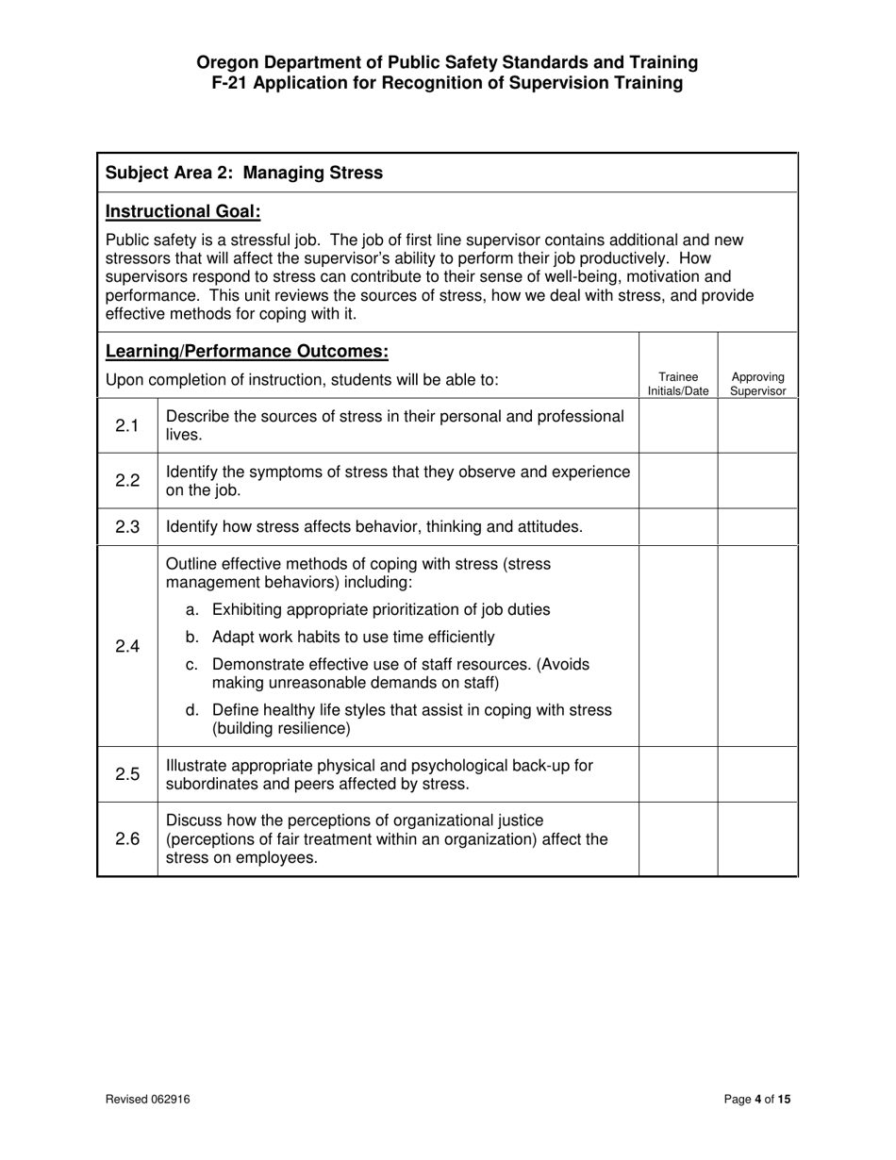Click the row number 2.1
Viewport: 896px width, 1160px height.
click(127, 425)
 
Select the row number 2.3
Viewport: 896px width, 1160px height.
click(127, 526)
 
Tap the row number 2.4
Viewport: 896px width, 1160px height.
click(127, 646)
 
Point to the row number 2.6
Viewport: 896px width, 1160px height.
click(127, 839)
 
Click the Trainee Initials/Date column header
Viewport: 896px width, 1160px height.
click(678, 383)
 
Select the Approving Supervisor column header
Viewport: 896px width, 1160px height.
click(757, 383)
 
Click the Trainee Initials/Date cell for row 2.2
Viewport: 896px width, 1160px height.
click(678, 480)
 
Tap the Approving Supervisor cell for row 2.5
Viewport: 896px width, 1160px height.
click(757, 773)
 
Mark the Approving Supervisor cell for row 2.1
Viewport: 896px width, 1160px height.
click(757, 425)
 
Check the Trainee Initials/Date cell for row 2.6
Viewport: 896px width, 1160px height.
click(678, 839)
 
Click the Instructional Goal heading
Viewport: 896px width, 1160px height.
click(183, 211)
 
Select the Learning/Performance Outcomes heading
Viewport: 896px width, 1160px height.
click(246, 352)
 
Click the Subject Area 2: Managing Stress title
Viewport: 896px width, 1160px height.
click(244, 173)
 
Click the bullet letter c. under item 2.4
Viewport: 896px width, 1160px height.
click(192, 665)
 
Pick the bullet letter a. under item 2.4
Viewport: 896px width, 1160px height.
click(192, 610)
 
